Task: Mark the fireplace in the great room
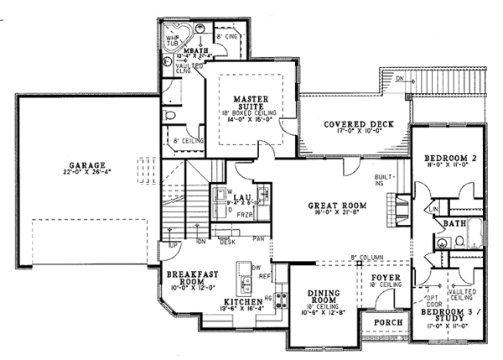click(x=402, y=206)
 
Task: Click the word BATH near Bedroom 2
click(x=456, y=224)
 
